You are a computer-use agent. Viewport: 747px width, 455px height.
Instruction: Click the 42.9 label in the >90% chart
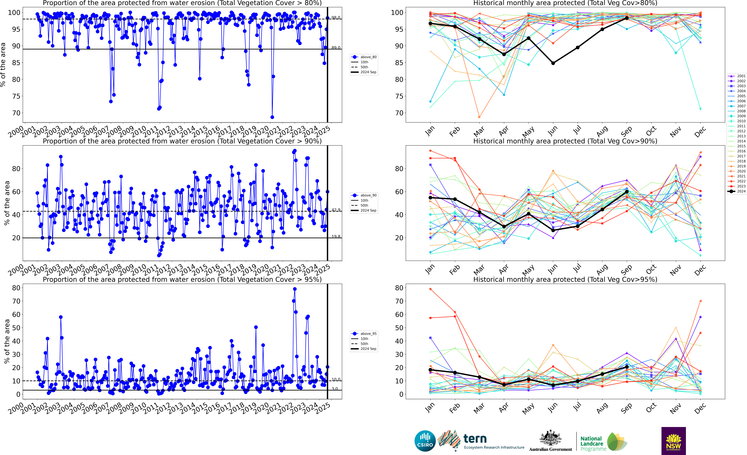pyautogui.click(x=336, y=210)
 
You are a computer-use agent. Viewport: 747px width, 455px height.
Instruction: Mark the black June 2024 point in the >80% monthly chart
pyautogui.click(x=553, y=63)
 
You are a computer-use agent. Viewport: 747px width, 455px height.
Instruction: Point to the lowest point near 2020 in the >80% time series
pyautogui.click(x=272, y=117)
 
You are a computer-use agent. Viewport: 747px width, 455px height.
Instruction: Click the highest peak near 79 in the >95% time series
pyautogui.click(x=295, y=289)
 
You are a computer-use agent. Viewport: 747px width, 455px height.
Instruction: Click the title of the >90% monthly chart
pyautogui.click(x=565, y=141)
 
